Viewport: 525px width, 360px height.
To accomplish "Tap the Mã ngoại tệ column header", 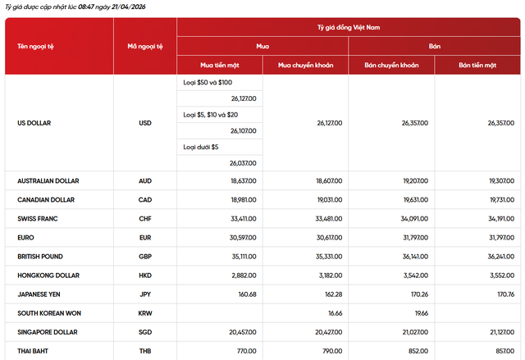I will point(145,47).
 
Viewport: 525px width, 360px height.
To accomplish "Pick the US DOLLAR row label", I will point(34,123).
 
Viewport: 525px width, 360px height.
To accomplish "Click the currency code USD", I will point(145,123).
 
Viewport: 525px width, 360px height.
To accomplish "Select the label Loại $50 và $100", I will point(208,83).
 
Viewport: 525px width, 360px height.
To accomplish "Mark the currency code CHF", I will point(145,219).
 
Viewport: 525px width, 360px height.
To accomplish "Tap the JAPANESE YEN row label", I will point(40,294).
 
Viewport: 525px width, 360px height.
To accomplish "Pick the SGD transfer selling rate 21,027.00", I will point(407,332).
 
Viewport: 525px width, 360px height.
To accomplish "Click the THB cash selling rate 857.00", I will point(501,351).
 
